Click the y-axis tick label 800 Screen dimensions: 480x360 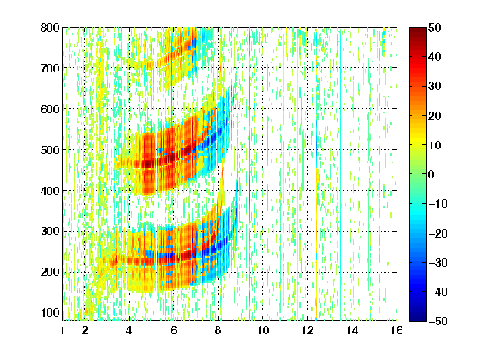pos(50,27)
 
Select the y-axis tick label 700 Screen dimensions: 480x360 pos(50,68)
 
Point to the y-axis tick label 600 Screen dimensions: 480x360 pos(50,109)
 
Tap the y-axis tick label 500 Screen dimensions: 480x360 pos(50,150)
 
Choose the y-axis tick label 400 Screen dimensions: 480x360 pos(50,191)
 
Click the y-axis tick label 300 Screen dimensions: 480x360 pos(50,231)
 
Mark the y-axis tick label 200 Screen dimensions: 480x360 pos(50,272)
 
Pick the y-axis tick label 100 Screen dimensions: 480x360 pos(50,312)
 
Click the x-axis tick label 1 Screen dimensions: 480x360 pos(62,330)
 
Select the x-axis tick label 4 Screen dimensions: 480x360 pos(129,330)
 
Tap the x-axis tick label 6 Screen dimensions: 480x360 pos(173,330)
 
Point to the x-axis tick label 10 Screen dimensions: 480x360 pos(262,330)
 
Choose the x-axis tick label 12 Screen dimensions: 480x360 pos(307,330)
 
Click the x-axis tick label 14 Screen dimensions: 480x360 pos(352,330)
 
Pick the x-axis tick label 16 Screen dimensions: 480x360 pos(397,330)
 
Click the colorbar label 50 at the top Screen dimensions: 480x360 pos(434,27)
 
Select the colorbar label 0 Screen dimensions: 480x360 pos(432,174)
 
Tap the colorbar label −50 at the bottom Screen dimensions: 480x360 pos(438,321)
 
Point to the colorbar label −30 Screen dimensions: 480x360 pos(438,262)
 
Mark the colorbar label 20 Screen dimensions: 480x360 pos(434,116)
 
